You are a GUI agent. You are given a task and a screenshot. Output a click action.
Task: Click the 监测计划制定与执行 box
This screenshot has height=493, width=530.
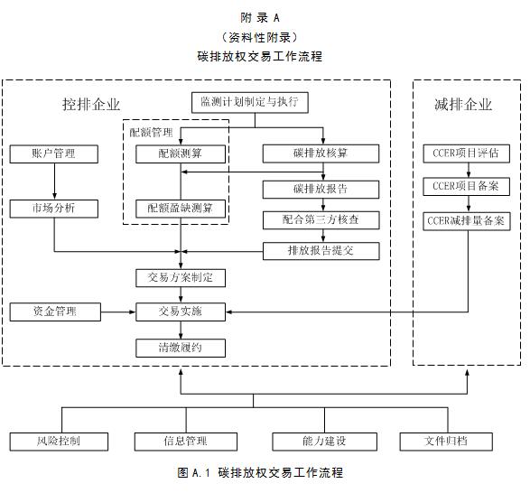click(x=250, y=102)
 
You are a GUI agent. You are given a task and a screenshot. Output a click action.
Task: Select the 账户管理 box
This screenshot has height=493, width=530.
click(x=54, y=154)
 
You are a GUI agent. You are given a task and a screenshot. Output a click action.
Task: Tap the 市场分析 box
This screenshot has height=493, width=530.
click(x=54, y=209)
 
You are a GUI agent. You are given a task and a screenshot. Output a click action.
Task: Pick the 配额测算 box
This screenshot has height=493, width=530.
click(x=181, y=154)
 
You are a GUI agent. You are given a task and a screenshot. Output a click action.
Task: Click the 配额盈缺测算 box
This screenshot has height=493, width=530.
click(x=181, y=209)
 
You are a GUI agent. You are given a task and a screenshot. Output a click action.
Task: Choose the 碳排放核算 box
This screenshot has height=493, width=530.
click(x=321, y=153)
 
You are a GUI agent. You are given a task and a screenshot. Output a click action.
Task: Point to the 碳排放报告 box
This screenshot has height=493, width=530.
click(x=321, y=190)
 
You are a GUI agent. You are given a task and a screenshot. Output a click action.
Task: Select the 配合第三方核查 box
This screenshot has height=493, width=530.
click(x=321, y=220)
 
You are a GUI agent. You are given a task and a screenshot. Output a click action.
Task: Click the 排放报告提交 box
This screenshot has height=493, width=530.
click(x=321, y=251)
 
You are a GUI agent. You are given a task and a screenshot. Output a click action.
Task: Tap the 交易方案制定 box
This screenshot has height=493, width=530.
click(x=181, y=278)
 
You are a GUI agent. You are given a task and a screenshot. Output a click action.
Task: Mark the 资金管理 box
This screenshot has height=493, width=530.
click(x=55, y=312)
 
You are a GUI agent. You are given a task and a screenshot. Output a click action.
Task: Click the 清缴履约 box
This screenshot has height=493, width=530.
click(x=181, y=348)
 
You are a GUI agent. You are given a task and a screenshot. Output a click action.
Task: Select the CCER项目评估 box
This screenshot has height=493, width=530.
click(x=467, y=153)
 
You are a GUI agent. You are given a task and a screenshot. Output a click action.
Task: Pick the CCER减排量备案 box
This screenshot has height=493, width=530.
click(x=467, y=221)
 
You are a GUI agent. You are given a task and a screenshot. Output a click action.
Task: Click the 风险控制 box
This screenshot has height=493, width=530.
click(x=59, y=442)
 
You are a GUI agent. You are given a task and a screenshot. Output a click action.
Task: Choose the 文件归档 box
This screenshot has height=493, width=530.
click(x=446, y=442)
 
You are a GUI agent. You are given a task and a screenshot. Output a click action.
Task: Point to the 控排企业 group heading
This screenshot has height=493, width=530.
click(x=91, y=104)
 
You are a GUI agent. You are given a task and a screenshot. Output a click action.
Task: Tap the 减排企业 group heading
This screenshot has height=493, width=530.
click(x=463, y=104)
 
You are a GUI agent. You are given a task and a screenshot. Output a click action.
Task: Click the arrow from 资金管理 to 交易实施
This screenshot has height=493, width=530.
click(x=118, y=312)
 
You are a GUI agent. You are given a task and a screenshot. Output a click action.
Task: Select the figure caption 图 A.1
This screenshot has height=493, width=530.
click(x=194, y=472)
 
